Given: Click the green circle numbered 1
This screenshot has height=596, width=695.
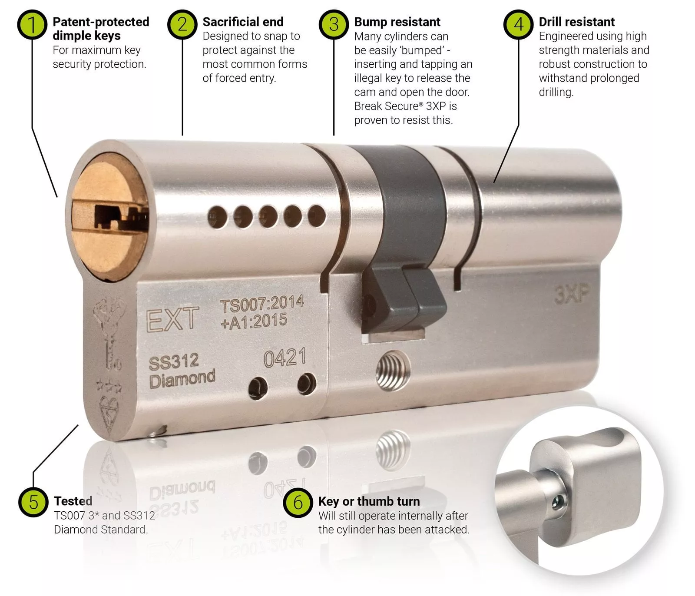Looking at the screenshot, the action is coord(32,24).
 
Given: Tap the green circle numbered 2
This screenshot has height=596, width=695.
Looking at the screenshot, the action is coord(182,24).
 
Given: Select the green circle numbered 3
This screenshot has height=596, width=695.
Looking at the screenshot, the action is coord(334,24).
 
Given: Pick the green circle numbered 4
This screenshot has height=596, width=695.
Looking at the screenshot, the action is coord(519,24).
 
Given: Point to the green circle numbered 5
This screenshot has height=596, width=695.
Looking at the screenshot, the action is coord(33,503).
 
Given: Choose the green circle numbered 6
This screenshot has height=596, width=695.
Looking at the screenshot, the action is coord(298,503).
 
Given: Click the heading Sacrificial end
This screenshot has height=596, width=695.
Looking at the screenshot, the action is coord(243,22).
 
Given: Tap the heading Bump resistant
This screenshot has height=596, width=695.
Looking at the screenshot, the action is coord(397,22).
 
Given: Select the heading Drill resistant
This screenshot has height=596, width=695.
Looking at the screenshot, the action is coord(576,22).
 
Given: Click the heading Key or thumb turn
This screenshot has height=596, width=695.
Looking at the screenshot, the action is coord(369,501).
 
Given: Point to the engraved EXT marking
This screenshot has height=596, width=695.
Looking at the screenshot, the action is coord(172,319).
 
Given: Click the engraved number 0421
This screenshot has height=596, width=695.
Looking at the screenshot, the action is coord(285,358).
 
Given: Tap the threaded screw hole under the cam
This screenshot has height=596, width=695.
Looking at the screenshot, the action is coord(393,371).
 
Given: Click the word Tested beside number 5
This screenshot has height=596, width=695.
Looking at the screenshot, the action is coord(73,501).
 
